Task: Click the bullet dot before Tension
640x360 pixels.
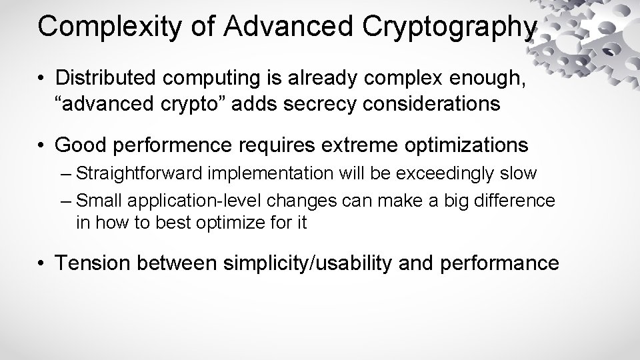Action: click(x=42, y=263)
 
